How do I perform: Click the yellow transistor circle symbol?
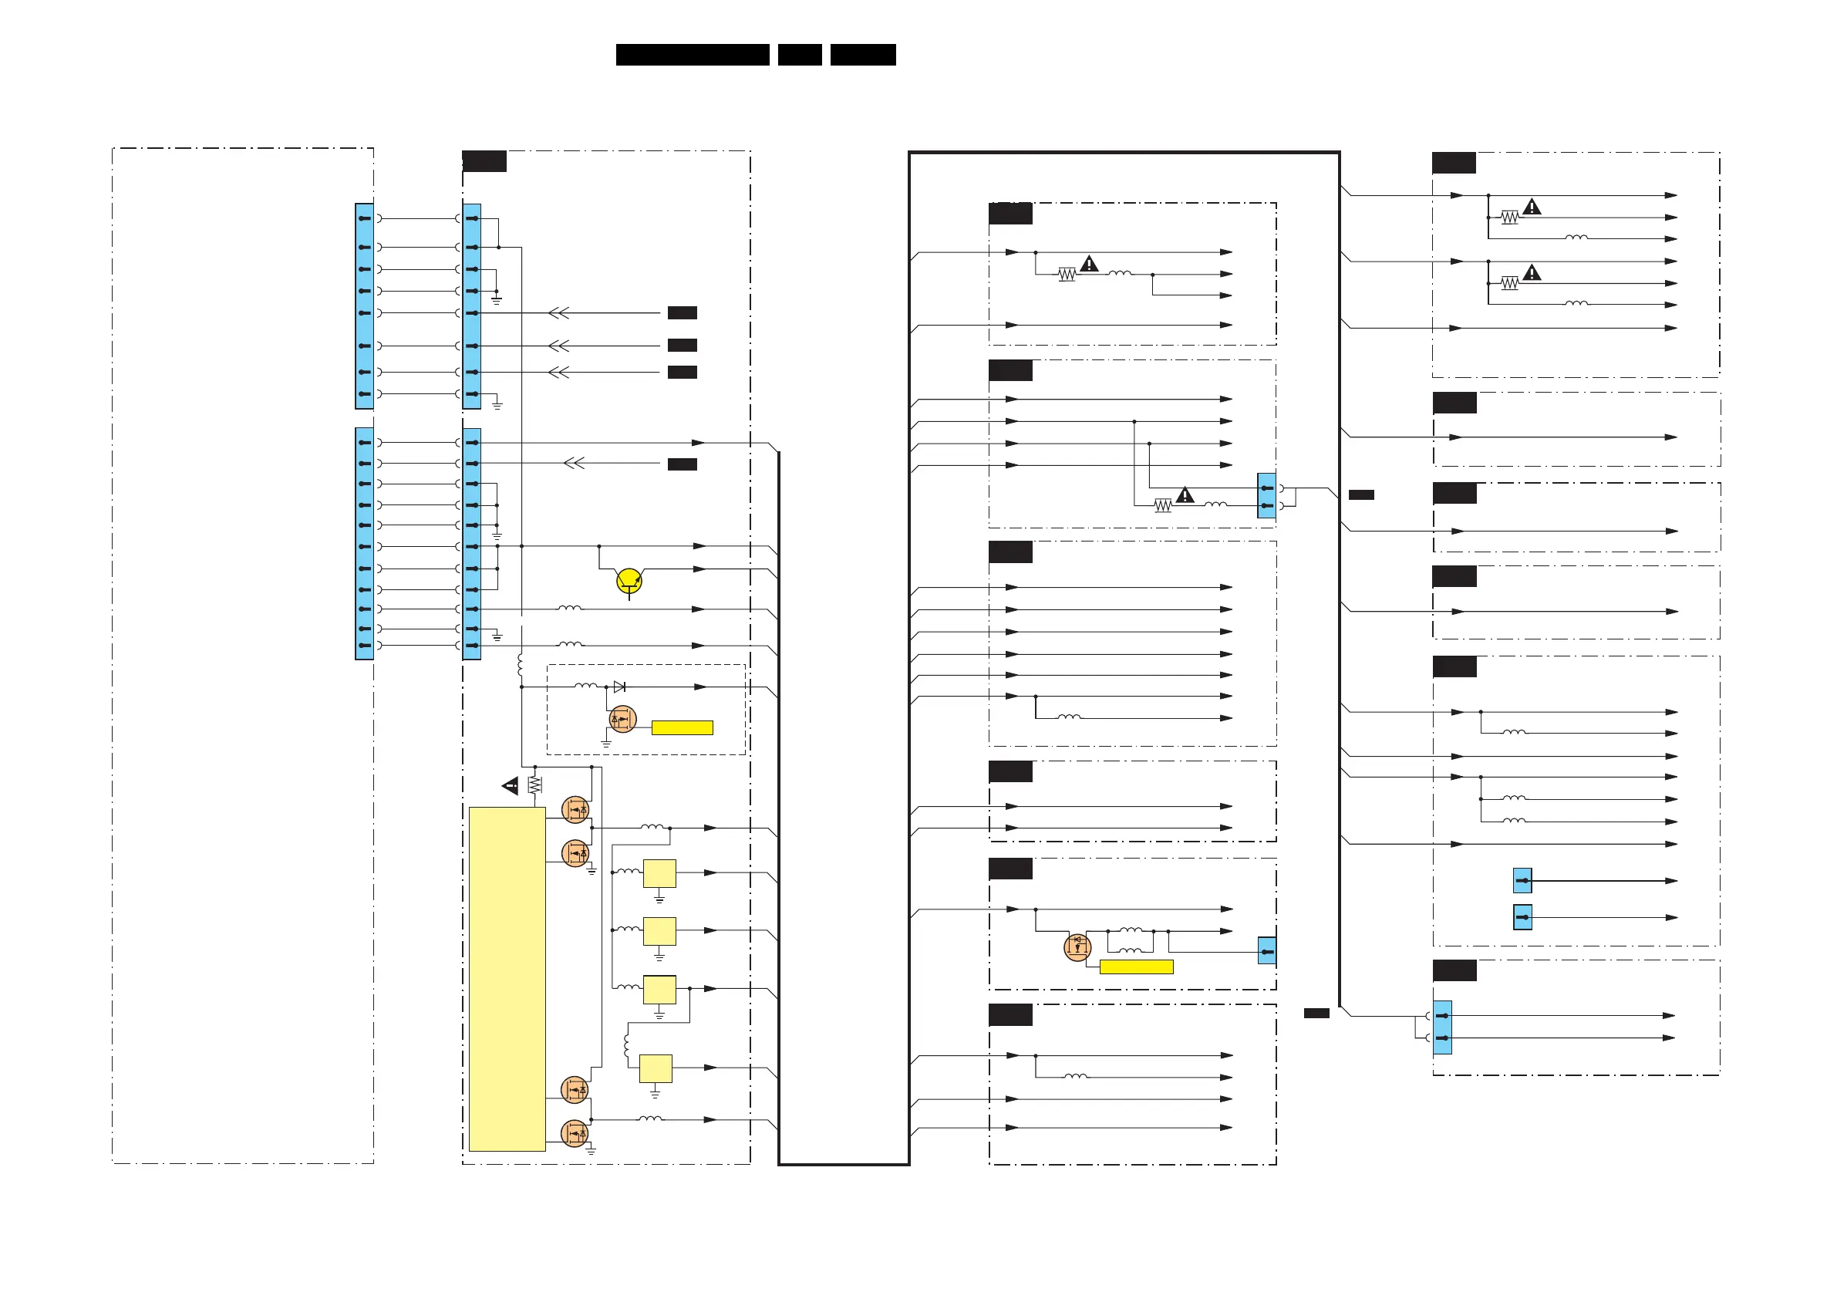pyautogui.click(x=629, y=579)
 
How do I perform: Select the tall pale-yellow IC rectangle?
pyautogui.click(x=507, y=978)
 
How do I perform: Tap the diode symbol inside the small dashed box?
pyautogui.click(x=619, y=687)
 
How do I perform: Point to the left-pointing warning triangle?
pyautogui.click(x=511, y=786)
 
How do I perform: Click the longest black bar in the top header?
pyautogui.click(x=692, y=55)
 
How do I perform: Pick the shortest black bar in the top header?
pyautogui.click(x=799, y=55)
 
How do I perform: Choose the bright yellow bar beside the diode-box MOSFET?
pyautogui.click(x=682, y=727)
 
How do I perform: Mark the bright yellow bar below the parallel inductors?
pyautogui.click(x=1136, y=967)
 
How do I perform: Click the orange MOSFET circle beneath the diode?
pyautogui.click(x=622, y=719)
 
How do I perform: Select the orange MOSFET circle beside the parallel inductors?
pyautogui.click(x=1077, y=946)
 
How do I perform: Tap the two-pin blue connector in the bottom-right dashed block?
pyautogui.click(x=1441, y=1027)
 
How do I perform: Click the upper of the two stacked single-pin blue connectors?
pyautogui.click(x=1522, y=880)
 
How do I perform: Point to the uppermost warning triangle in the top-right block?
pyautogui.click(x=1532, y=208)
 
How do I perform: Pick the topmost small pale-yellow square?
pyautogui.click(x=659, y=873)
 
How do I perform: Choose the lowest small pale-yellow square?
pyautogui.click(x=656, y=1068)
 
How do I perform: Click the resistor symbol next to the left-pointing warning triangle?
pyautogui.click(x=534, y=785)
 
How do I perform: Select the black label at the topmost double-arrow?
pyautogui.click(x=682, y=313)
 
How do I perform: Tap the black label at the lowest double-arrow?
pyautogui.click(x=682, y=464)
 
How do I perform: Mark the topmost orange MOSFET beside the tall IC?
pyautogui.click(x=575, y=810)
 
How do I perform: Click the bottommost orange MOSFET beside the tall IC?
pyautogui.click(x=575, y=1133)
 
